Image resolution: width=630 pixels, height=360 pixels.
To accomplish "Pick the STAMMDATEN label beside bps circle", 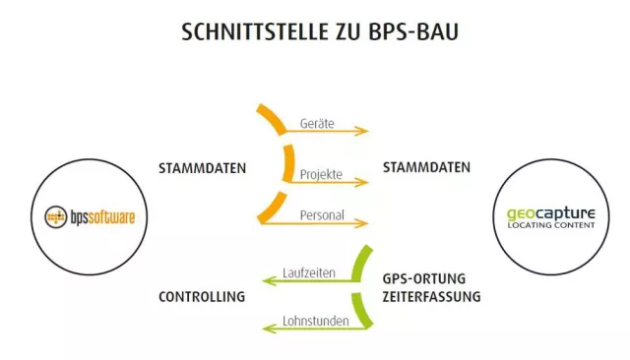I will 202,168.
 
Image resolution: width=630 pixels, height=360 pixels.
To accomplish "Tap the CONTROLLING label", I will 201,296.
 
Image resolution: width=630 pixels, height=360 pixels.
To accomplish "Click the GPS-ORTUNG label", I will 423,277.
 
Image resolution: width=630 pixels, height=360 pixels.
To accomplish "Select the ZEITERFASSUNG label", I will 431,295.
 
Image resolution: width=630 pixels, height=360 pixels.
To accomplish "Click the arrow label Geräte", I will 317,124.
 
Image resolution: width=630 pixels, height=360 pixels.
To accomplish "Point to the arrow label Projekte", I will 320,174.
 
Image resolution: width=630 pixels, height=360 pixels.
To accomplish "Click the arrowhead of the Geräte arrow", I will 364,131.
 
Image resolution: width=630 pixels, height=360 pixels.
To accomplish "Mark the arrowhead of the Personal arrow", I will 364,224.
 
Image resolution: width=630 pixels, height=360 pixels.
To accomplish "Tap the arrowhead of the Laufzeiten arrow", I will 267,280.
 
